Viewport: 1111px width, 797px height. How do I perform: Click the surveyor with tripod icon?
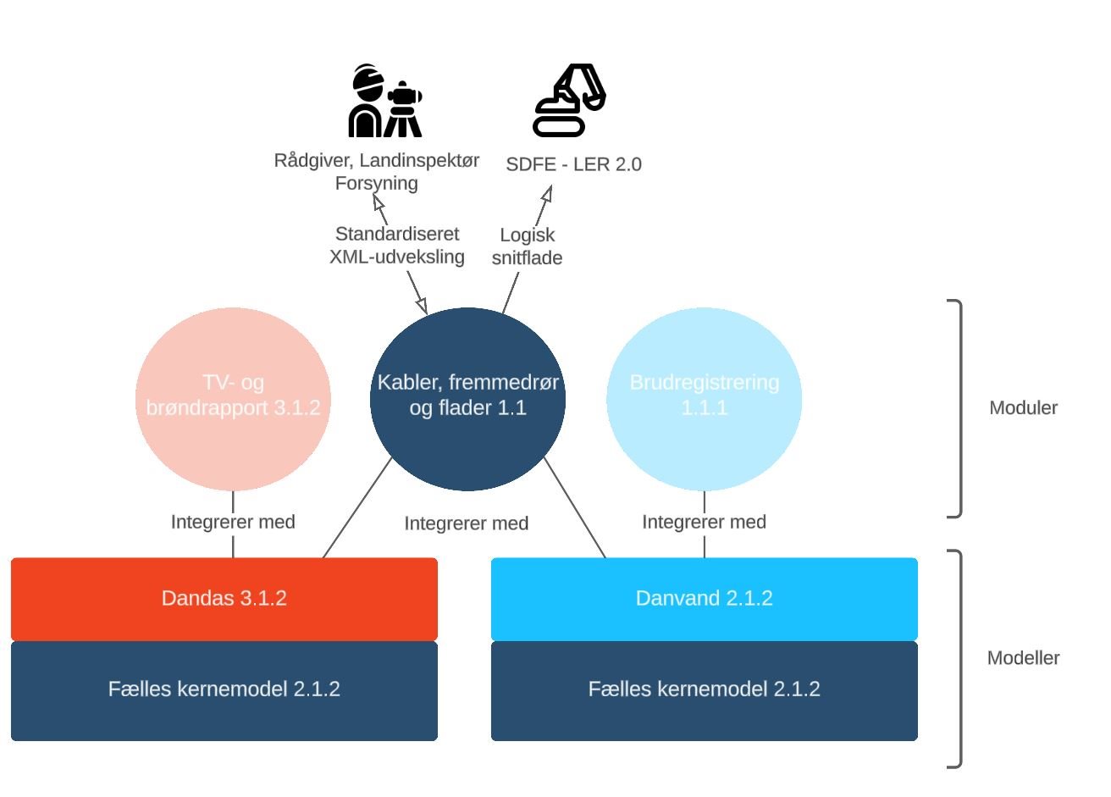pos(385,101)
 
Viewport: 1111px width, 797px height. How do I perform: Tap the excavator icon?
pos(569,100)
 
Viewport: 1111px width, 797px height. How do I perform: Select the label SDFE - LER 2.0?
pos(573,164)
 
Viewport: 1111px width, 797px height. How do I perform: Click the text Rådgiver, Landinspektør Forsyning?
pos(377,171)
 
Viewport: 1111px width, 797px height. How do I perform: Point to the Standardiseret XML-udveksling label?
pos(397,246)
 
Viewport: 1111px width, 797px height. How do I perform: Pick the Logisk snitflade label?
pos(527,246)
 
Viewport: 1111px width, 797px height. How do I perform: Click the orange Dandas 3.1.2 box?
pos(224,599)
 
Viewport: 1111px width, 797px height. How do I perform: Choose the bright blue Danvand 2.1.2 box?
pos(705,599)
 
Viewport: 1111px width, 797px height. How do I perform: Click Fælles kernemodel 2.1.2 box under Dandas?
pos(224,689)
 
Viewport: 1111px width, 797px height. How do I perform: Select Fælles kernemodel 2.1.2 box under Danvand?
pos(705,689)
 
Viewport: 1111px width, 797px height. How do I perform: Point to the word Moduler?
pos(1023,408)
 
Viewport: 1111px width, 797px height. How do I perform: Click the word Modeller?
pos(1023,658)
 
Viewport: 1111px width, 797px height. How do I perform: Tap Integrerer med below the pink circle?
pos(233,522)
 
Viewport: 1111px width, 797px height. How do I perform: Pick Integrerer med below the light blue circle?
pos(705,522)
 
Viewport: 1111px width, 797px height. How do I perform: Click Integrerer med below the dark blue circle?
pos(467,523)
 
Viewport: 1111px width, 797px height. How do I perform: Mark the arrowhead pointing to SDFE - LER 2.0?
pos(547,194)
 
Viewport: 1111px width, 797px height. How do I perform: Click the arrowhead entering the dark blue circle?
pos(422,306)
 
